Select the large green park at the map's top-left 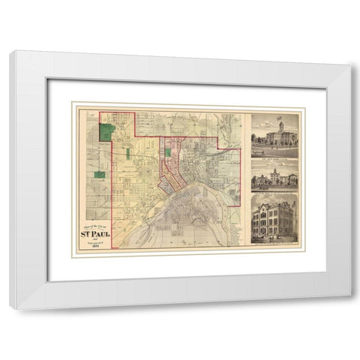click(108, 133)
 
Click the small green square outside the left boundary click(98, 174)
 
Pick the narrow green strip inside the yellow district click(128, 154)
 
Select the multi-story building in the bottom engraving click(274, 220)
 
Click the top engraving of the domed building click(274, 135)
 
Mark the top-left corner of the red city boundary click(112, 112)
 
